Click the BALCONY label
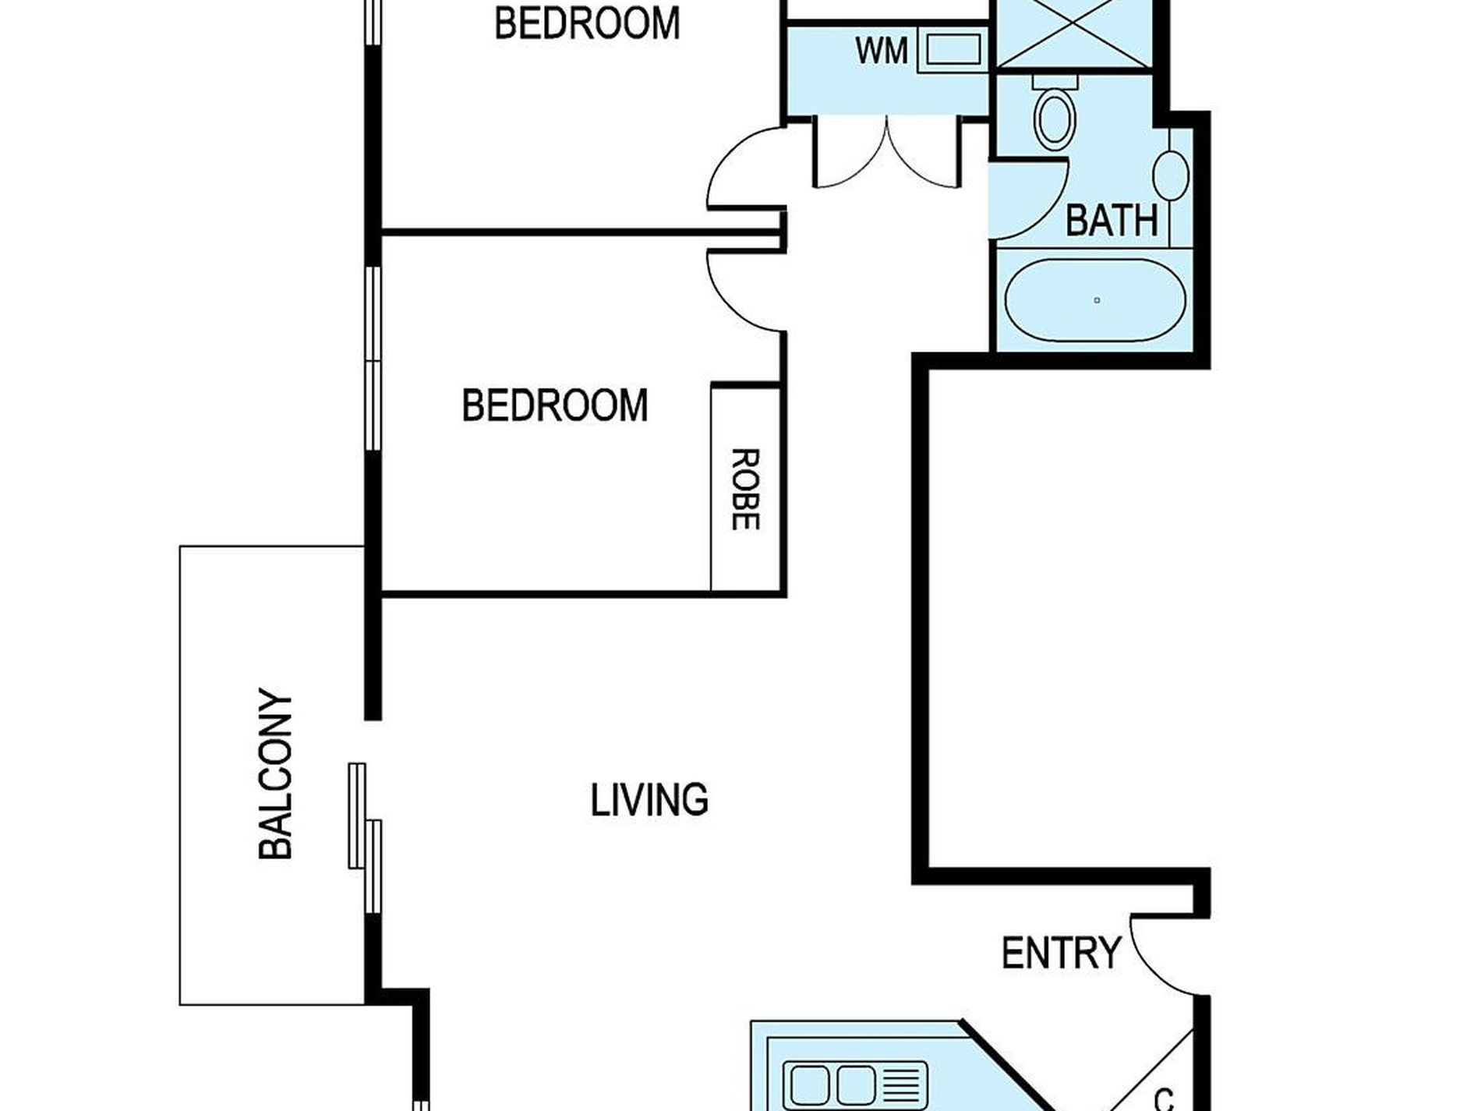tap(275, 773)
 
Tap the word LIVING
tap(649, 801)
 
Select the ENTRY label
tap(1061, 953)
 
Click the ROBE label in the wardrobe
tap(745, 489)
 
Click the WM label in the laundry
tap(882, 51)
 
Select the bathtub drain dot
tap(1097, 300)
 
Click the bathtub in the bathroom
tap(1096, 300)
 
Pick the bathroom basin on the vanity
tap(1171, 175)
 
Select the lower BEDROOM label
tap(555, 405)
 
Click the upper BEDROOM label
tap(587, 23)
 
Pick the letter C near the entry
tap(1164, 1099)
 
